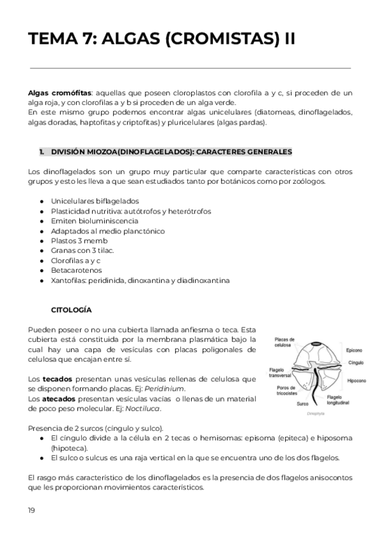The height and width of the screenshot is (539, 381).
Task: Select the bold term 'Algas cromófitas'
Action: (55, 93)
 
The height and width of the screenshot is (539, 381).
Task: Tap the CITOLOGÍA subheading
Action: (71, 310)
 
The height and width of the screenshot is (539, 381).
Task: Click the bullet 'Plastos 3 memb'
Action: (79, 241)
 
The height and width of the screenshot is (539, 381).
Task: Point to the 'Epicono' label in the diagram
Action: (354, 350)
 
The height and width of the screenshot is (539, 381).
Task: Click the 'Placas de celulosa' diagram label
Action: (283, 343)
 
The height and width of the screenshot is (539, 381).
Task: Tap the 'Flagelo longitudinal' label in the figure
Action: (338, 400)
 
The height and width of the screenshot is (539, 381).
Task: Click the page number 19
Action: (32, 510)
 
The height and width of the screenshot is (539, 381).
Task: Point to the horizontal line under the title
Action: (190, 67)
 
